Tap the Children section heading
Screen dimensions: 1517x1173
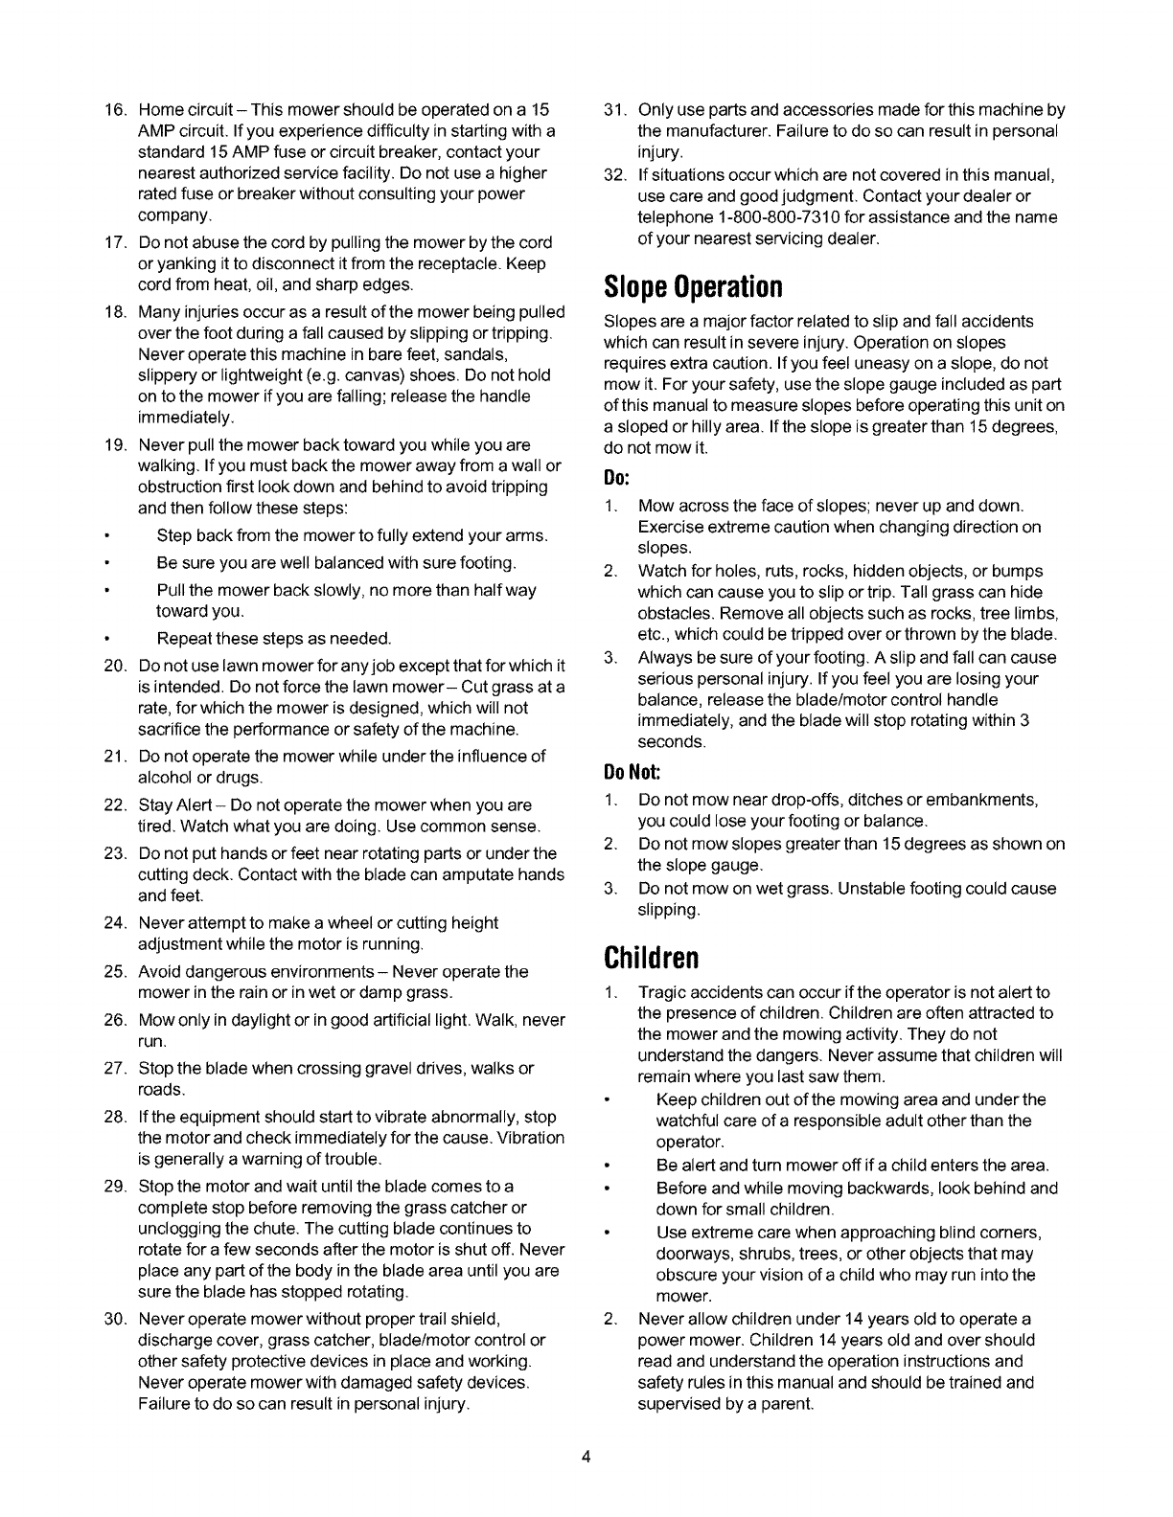[651, 957]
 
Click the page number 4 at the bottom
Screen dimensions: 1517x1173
[586, 1459]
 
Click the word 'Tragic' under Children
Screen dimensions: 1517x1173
[661, 992]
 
